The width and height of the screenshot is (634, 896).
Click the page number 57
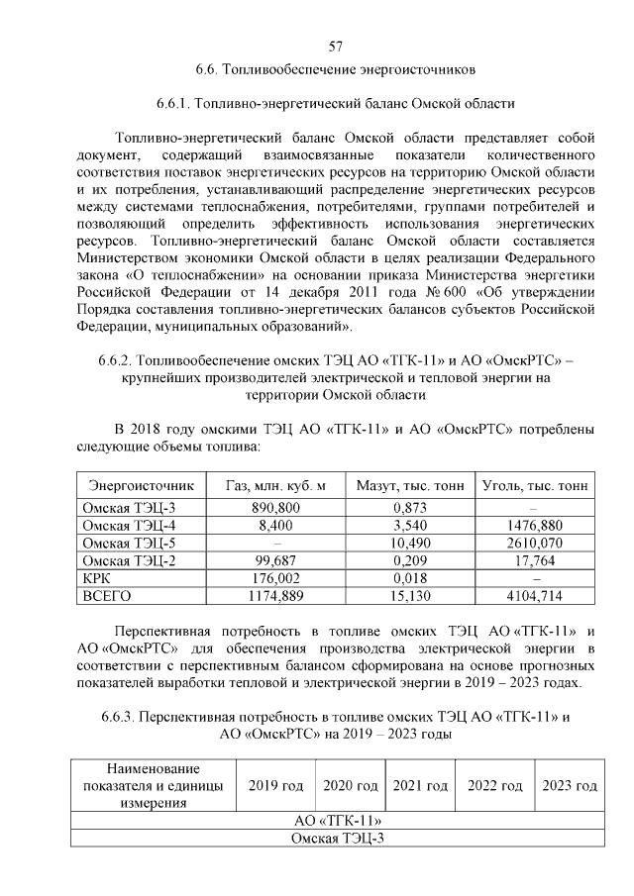[x=335, y=47]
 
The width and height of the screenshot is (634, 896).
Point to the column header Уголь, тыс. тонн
[x=535, y=486]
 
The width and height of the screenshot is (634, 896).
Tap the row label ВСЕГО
[x=108, y=596]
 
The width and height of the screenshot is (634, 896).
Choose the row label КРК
[x=98, y=578]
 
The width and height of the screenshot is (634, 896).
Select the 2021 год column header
[x=420, y=786]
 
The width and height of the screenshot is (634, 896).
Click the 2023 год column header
[x=570, y=786]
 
